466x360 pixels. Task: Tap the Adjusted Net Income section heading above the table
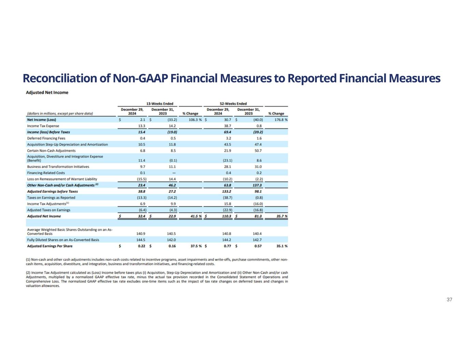[47, 92]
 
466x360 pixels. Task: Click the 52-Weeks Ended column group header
[234, 103]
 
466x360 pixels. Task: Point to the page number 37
[449, 300]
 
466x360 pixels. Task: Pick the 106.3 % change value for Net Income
[195, 120]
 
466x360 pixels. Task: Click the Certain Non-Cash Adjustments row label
[51, 150]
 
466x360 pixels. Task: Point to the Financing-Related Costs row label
[46, 173]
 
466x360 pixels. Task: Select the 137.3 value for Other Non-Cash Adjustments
[256, 185]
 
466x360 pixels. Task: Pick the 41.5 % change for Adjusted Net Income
[195, 216]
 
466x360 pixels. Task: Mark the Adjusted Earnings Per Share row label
[50, 246]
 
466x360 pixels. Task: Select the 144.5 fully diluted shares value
[141, 240]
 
